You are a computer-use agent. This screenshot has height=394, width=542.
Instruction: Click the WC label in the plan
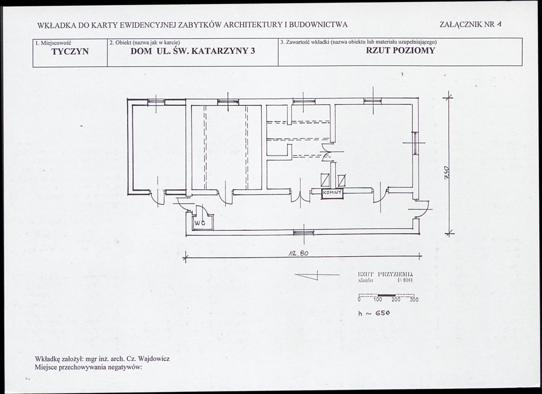click(x=200, y=223)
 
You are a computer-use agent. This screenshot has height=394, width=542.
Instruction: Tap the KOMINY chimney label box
click(x=332, y=193)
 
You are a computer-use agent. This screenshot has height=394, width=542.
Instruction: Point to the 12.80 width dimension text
click(x=298, y=253)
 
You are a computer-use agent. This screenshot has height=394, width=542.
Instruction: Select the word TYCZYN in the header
click(x=70, y=51)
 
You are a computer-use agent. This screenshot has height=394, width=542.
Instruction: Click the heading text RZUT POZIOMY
click(x=400, y=50)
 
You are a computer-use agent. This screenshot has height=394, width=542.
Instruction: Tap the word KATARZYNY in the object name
click(x=217, y=51)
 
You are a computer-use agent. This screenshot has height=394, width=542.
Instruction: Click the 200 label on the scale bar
click(x=396, y=299)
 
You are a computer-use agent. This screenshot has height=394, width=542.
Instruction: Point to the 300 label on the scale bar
click(x=414, y=299)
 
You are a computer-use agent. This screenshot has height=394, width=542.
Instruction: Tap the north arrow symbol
click(x=316, y=275)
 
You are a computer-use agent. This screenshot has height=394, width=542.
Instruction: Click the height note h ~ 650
click(x=374, y=312)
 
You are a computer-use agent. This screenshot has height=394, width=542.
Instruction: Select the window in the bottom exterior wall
click(x=303, y=232)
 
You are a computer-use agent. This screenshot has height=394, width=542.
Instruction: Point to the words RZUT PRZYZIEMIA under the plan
click(x=385, y=274)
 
